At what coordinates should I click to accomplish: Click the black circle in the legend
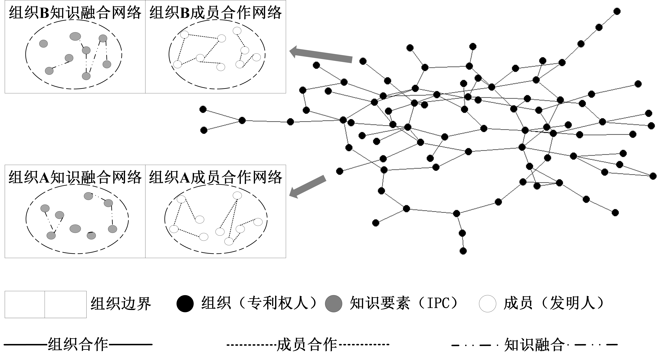point(185,303)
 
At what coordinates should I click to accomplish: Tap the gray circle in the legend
point(333,303)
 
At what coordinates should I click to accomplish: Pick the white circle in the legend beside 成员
point(487,303)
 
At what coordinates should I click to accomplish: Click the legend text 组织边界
point(121,303)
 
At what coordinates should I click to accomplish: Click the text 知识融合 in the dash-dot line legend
point(535,345)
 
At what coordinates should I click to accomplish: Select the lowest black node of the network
point(463,251)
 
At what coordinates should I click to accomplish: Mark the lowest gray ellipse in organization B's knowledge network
point(86,76)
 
